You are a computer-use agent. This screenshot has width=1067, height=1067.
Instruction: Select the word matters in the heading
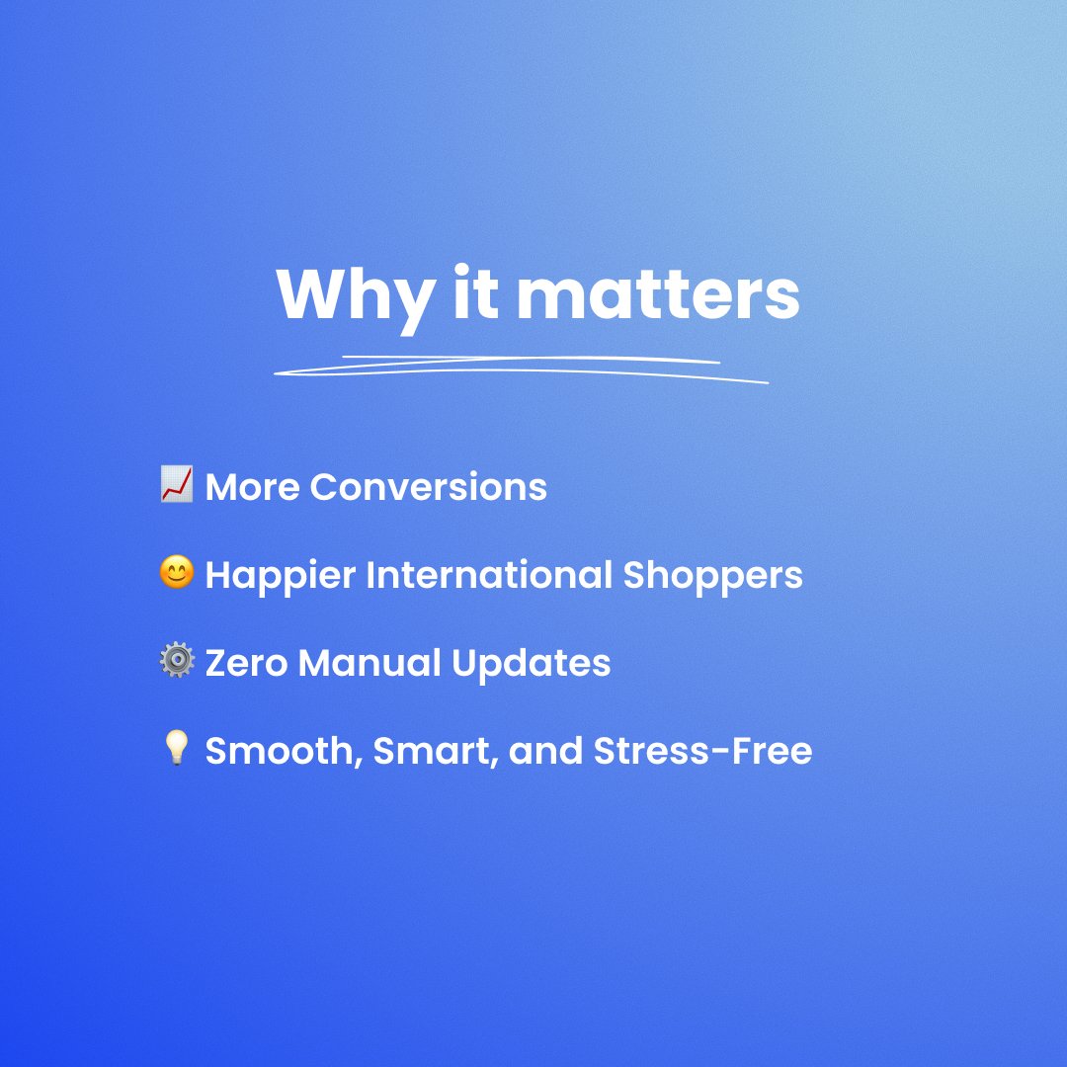(x=657, y=294)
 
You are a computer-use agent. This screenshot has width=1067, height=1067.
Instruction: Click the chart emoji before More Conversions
(x=176, y=485)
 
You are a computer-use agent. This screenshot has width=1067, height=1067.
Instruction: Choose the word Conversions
(x=428, y=487)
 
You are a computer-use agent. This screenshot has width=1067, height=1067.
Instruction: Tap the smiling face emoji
(x=176, y=573)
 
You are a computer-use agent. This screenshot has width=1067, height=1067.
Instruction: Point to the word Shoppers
(x=712, y=576)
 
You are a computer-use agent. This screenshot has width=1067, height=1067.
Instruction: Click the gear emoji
(x=176, y=661)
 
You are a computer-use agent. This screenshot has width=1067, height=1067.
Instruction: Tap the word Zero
(x=246, y=663)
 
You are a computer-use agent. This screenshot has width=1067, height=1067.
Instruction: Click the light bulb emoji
(x=176, y=750)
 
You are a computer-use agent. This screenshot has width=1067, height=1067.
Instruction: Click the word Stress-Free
(x=702, y=752)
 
